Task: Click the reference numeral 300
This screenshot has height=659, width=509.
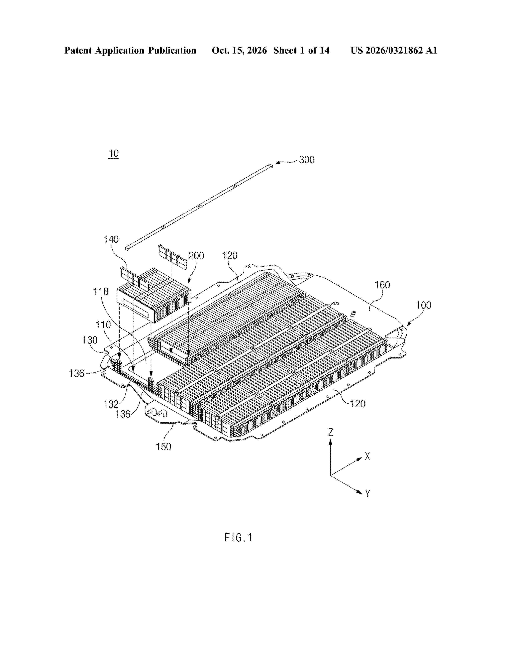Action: click(307, 160)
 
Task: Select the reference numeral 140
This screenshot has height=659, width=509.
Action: click(111, 240)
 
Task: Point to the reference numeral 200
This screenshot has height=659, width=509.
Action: click(196, 256)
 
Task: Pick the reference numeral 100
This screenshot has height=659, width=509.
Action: click(424, 305)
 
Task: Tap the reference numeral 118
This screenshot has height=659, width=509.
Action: click(101, 292)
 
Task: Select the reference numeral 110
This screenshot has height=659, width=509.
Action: click(103, 325)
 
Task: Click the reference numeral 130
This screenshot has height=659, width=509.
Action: click(90, 340)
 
